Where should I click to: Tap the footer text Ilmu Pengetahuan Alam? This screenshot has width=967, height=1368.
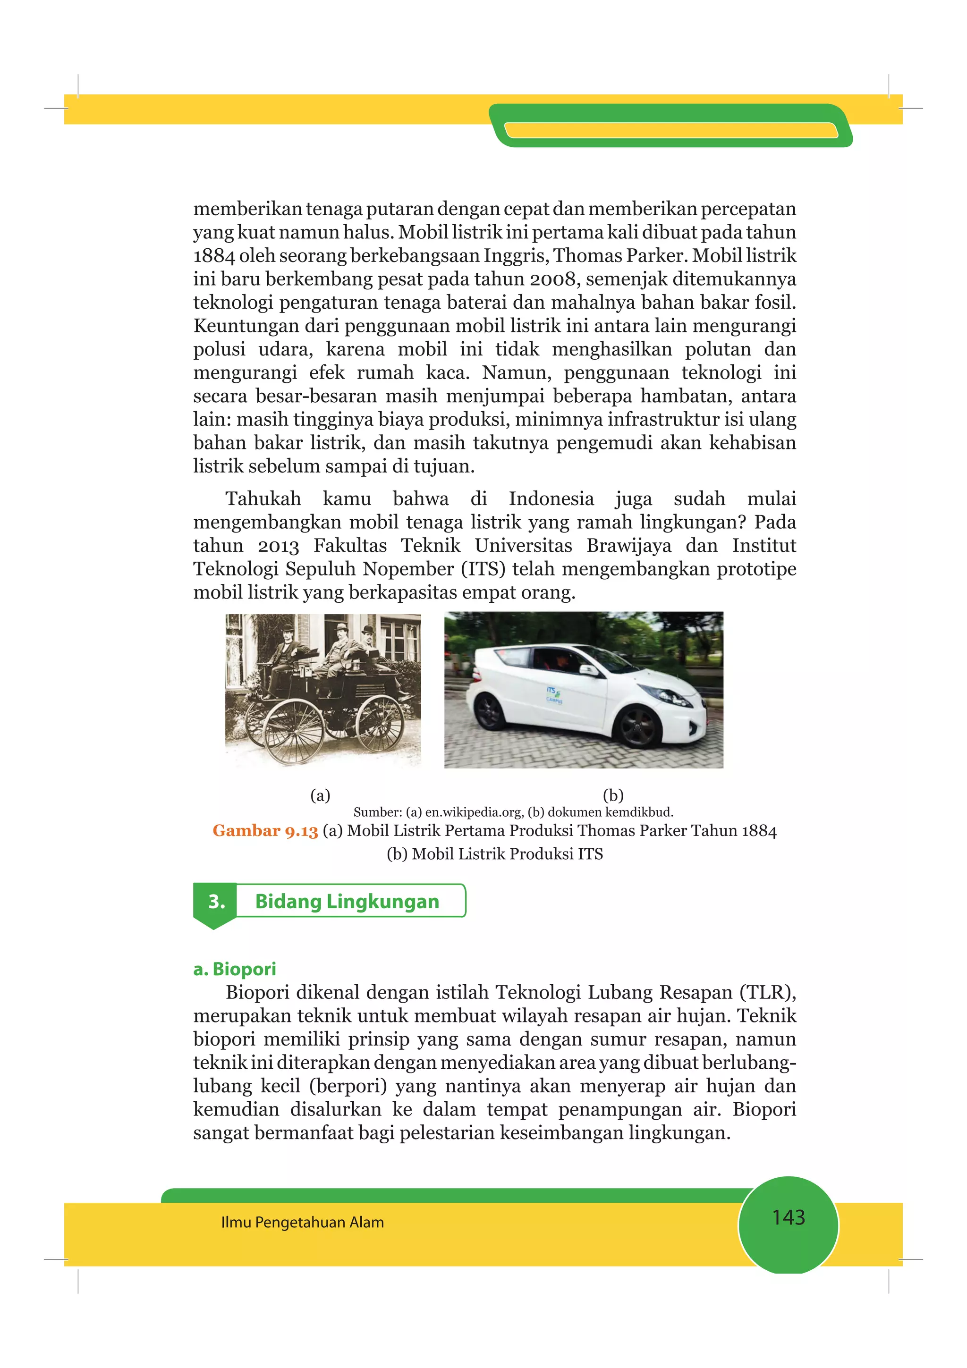(x=302, y=1223)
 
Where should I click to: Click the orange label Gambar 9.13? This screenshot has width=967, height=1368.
(x=265, y=831)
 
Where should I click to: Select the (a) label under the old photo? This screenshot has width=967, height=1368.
(x=320, y=795)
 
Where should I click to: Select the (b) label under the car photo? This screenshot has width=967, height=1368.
(x=613, y=795)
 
